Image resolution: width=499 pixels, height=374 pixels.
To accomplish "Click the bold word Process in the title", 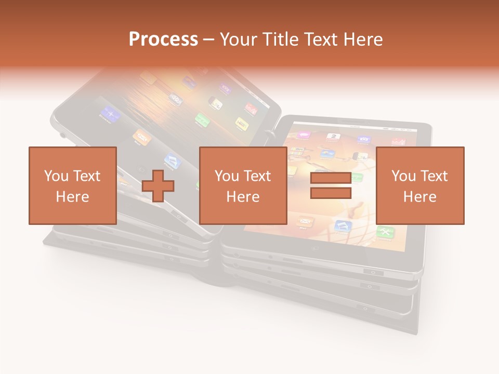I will pyautogui.click(x=163, y=39).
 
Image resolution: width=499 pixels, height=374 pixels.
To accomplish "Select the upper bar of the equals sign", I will pyautogui.click(x=331, y=178).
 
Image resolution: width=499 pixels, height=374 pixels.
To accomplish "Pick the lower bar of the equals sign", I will pyautogui.click(x=331, y=193).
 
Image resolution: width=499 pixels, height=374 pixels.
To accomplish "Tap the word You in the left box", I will pyautogui.click(x=56, y=176).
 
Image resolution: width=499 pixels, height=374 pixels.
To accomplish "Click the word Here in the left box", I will pyautogui.click(x=72, y=197).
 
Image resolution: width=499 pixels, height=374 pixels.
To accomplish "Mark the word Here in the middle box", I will pyautogui.click(x=243, y=197).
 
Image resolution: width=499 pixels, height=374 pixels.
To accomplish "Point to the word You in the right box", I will pyautogui.click(x=403, y=176).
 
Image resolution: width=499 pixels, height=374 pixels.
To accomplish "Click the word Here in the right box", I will pyautogui.click(x=419, y=197).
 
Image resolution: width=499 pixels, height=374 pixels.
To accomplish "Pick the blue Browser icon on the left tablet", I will pyautogui.click(x=110, y=113).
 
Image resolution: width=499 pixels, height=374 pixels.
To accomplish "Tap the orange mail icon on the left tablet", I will pyautogui.click(x=141, y=136).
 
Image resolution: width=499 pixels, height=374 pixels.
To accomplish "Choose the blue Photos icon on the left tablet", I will pyautogui.click(x=173, y=161).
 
